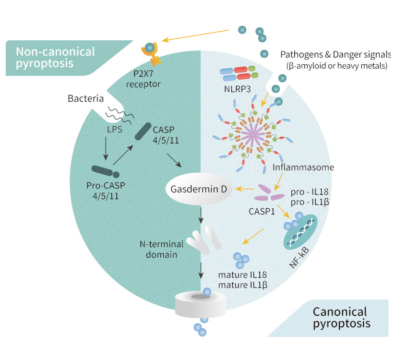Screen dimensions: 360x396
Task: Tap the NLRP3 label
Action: point(235,90)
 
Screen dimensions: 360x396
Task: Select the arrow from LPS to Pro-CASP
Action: point(104,149)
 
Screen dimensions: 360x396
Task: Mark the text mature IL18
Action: point(242,275)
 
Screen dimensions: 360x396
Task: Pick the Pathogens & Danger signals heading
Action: point(336,54)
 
